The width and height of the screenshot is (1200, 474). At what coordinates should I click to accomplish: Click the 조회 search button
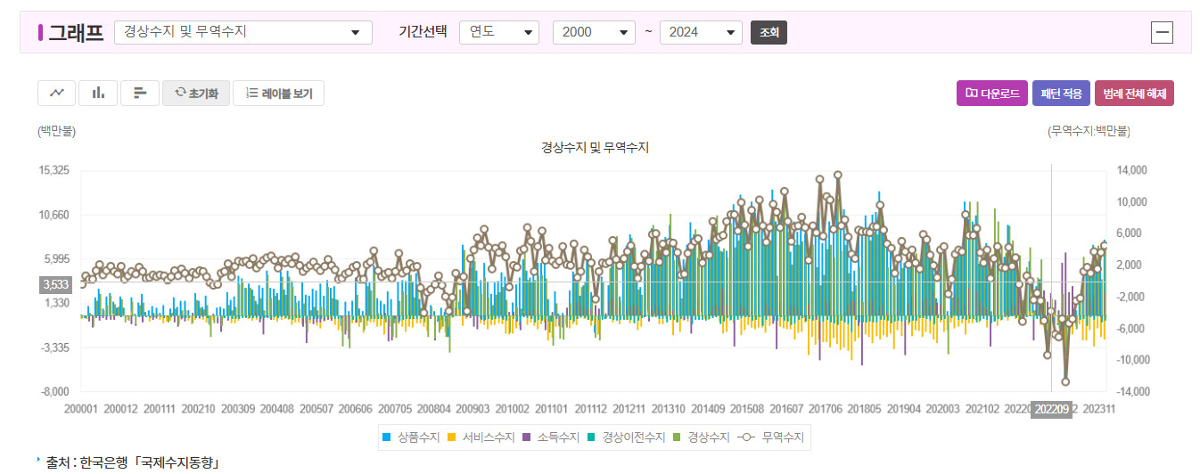[x=768, y=32]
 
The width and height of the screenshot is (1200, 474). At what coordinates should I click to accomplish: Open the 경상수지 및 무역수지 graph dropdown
[x=243, y=32]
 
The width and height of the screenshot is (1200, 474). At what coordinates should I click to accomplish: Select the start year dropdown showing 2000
[x=594, y=32]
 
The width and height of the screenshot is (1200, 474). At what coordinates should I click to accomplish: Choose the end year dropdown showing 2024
[x=701, y=32]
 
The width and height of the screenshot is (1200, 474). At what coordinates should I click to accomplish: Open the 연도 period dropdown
[x=499, y=32]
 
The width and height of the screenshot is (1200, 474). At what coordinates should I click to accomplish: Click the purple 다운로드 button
[x=991, y=94]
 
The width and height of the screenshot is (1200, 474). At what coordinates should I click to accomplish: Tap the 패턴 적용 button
[x=1061, y=94]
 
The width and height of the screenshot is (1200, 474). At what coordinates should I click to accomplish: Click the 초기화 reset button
[x=196, y=94]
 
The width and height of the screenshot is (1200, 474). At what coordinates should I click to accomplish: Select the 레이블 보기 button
[x=278, y=94]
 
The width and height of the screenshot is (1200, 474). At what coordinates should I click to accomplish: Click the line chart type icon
[x=56, y=93]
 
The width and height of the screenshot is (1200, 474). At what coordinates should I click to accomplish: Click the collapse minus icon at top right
[x=1162, y=33]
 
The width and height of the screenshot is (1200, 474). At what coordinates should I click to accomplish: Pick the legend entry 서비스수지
[x=481, y=437]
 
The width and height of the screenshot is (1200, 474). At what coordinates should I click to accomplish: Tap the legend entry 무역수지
[x=774, y=437]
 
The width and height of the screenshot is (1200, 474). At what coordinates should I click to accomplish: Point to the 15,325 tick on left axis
[x=54, y=170]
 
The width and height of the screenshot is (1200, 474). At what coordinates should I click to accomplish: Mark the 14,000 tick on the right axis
[x=1130, y=170]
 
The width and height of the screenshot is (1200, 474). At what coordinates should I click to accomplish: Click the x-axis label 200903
[x=473, y=409]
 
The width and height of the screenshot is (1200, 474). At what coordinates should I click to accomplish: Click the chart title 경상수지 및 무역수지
[x=595, y=147]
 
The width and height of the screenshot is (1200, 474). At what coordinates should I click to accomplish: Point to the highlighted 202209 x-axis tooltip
[x=1051, y=410]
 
